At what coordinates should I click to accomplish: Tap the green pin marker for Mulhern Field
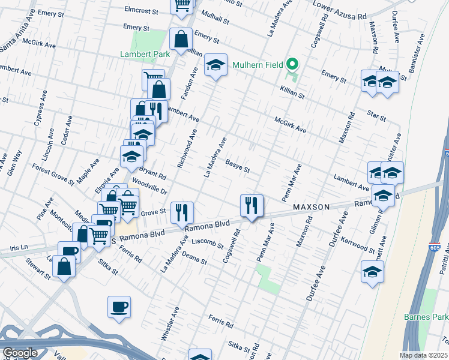pos(292,63)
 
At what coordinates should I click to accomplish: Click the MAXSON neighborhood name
pos(311,207)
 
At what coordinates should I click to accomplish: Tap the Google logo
pos(19,353)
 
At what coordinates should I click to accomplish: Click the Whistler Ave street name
pos(170,325)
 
